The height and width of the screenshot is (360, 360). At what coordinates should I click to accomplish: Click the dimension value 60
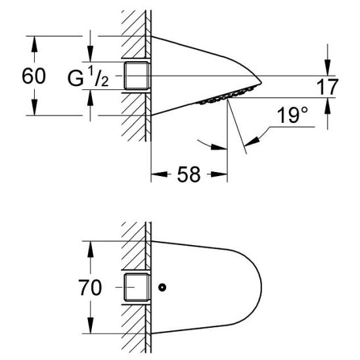(34, 76)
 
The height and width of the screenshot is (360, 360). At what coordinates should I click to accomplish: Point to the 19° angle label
(292, 116)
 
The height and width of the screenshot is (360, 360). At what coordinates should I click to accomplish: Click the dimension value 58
(190, 175)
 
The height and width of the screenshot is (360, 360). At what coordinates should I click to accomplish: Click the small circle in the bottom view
(162, 288)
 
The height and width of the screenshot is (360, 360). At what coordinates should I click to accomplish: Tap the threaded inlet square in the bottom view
(137, 288)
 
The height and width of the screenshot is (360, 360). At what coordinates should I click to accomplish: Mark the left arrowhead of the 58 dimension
(156, 175)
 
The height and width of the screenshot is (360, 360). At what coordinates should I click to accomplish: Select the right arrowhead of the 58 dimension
(223, 175)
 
